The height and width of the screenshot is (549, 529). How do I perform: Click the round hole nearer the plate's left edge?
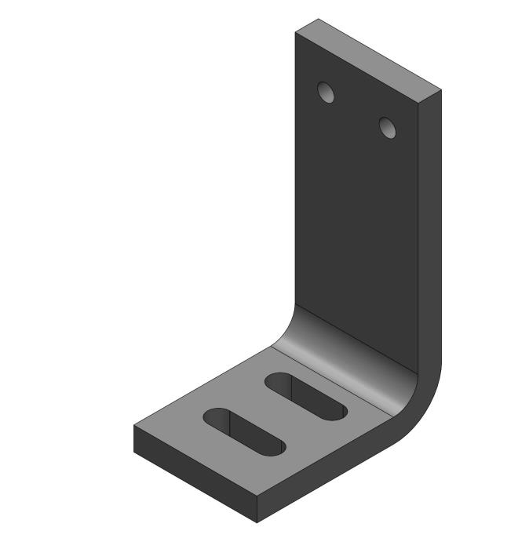(x=326, y=93)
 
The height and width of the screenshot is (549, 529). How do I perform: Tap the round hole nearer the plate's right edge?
(x=388, y=126)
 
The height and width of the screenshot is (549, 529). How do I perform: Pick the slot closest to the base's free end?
(x=243, y=432)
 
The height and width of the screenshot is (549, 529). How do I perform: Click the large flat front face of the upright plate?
(x=357, y=220)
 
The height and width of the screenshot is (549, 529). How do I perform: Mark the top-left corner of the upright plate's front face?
(x=296, y=33)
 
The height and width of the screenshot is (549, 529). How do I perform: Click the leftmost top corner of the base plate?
(x=134, y=427)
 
